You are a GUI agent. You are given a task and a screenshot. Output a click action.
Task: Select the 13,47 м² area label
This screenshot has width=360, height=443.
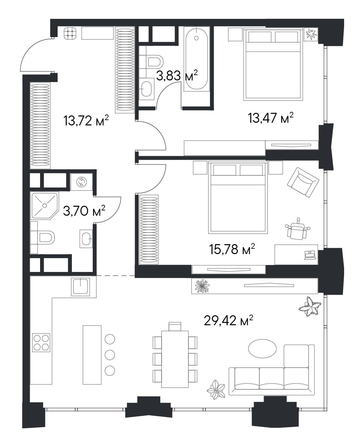pos(271,118)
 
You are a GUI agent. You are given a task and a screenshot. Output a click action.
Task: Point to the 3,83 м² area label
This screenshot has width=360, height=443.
pos(177,75)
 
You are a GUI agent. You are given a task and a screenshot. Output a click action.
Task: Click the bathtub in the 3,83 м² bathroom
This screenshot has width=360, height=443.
pos(196,59)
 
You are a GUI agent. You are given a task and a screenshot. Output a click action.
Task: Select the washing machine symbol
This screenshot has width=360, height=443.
pos(81,182)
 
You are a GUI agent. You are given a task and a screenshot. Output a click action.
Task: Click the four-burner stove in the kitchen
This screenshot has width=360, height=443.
pos(41,342)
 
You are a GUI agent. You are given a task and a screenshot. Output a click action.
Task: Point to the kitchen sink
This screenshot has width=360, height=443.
pos(80,287)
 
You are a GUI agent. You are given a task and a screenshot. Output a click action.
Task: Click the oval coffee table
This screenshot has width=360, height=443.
pos(262,349)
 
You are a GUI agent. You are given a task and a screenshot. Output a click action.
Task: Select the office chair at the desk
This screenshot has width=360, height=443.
pos(297,229)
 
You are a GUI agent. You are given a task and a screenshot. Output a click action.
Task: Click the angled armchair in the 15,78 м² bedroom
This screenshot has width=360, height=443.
pos(303,182)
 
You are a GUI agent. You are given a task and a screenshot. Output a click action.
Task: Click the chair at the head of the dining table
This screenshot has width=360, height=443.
pos(175,326)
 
